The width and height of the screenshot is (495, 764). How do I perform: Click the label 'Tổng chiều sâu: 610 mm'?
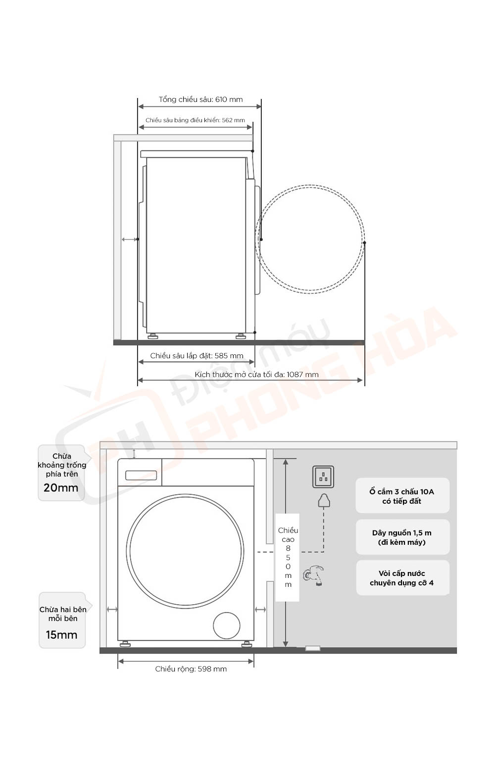click(x=200, y=99)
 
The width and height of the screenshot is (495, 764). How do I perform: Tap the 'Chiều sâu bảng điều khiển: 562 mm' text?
click(x=195, y=120)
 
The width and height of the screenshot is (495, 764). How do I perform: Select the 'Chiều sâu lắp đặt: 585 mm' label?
click(x=197, y=356)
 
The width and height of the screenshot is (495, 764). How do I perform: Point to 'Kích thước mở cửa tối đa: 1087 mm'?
click(x=256, y=375)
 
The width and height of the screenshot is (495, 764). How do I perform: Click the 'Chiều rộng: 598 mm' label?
click(x=191, y=669)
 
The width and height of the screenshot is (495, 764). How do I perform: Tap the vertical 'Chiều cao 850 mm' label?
click(x=288, y=557)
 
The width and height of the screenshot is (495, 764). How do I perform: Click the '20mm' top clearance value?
click(x=61, y=488)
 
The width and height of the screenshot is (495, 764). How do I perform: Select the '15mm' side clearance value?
click(x=61, y=635)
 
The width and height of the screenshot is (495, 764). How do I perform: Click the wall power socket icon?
click(x=323, y=477)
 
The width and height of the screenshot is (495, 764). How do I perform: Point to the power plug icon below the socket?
click(x=324, y=501)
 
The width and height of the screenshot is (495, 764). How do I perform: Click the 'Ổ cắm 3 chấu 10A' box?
click(x=402, y=496)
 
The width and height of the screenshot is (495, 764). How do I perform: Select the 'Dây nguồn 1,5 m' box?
click(x=402, y=537)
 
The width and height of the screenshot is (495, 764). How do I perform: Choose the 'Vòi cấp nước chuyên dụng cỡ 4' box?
click(x=402, y=578)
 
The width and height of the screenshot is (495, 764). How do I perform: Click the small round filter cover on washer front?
click(x=227, y=626)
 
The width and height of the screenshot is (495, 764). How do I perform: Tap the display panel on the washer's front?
click(x=141, y=476)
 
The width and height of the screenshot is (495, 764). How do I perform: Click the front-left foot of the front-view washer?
click(x=125, y=644)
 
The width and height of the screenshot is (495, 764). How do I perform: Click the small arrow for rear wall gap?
click(x=130, y=239)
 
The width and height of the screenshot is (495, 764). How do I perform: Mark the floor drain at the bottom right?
click(x=312, y=648)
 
